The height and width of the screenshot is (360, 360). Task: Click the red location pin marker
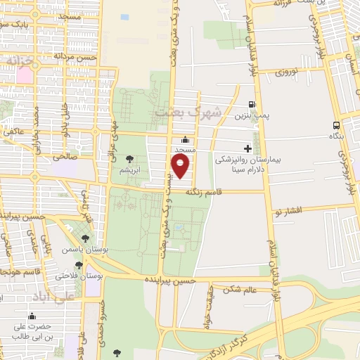(x=181, y=167)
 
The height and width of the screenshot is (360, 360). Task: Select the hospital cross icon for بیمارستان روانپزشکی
(x=247, y=148)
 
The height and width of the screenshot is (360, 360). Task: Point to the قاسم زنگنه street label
(x=203, y=191)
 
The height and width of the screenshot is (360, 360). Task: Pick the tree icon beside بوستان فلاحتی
(x=79, y=266)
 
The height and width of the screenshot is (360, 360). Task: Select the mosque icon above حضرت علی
(x=31, y=316)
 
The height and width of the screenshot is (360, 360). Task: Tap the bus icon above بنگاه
(x=337, y=124)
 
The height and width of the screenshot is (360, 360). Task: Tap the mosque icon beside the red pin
(x=184, y=139)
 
